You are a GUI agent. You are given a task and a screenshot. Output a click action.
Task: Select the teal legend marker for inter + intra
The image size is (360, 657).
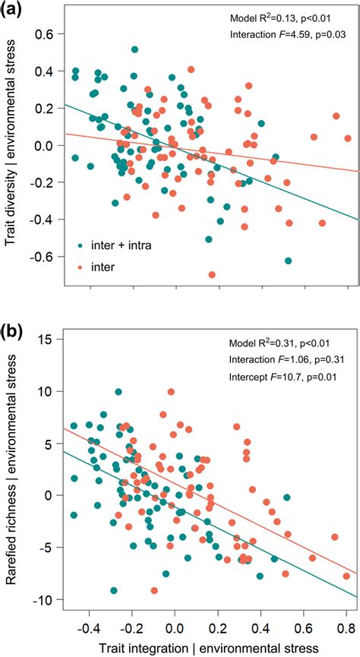[81, 245]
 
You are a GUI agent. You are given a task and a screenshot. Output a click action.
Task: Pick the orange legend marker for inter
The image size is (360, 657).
[81, 267]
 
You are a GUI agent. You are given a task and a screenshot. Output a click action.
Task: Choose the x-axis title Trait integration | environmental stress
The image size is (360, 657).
[207, 646]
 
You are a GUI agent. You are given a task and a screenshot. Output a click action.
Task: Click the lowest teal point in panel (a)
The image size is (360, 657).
[288, 261]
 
